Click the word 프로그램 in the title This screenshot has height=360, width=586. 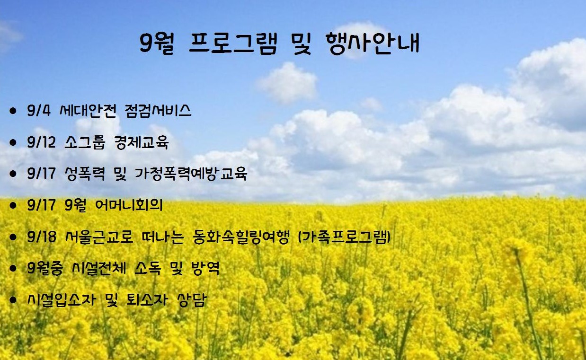(x=233, y=44)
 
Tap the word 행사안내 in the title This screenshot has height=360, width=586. (x=373, y=44)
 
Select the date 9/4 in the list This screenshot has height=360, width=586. (x=39, y=110)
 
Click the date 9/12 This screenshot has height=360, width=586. (x=41, y=142)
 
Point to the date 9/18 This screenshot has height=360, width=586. (x=42, y=237)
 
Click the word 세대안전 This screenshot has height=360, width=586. (x=88, y=110)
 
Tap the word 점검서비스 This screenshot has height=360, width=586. (x=158, y=110)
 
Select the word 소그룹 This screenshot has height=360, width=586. (x=85, y=142)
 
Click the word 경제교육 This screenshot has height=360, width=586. (x=141, y=142)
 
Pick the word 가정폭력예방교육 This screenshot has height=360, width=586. (x=191, y=174)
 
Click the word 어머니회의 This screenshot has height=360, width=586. (x=129, y=205)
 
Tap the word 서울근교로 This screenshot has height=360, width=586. (x=99, y=237)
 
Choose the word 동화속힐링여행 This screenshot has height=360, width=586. (x=241, y=237)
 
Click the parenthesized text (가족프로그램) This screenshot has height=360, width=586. (x=344, y=237)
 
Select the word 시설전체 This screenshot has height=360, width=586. (x=99, y=268)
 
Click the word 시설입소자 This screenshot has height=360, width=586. (x=62, y=299)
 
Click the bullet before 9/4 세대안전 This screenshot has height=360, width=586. (x=13, y=111)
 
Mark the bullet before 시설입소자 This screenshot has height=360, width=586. (x=13, y=300)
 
